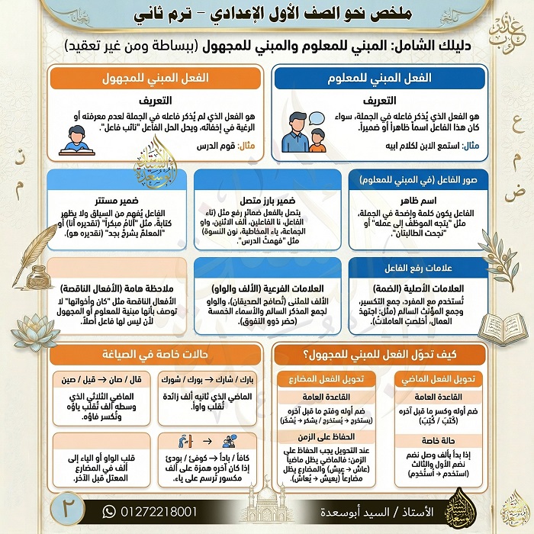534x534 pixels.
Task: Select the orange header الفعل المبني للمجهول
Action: coord(156,79)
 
